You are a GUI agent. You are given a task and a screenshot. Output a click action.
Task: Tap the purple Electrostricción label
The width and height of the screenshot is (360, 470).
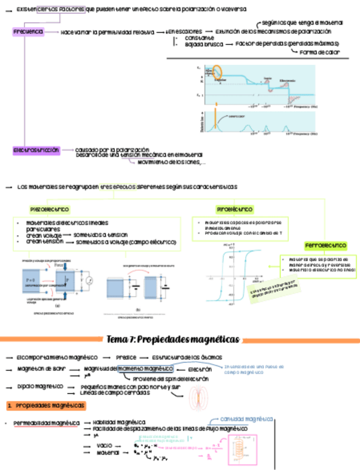click(x=37, y=150)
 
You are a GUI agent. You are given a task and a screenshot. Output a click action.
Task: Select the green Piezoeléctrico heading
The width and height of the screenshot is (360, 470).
click(x=49, y=210)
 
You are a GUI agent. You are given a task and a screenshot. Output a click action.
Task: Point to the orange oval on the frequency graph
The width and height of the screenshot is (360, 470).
click(x=217, y=71)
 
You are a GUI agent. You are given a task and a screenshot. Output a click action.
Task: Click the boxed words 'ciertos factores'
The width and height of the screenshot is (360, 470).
click(x=61, y=9)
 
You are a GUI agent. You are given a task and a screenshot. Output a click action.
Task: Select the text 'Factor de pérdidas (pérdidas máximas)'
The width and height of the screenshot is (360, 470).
click(x=287, y=43)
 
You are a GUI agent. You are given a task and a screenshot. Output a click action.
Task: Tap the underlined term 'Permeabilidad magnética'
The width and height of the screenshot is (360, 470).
click(x=47, y=423)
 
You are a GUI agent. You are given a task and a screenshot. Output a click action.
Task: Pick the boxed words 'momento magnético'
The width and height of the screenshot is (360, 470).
click(x=145, y=369)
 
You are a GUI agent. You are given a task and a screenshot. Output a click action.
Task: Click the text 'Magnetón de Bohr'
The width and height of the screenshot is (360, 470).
click(x=42, y=369)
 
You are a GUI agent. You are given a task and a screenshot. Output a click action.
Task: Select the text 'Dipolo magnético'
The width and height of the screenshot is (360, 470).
click(x=39, y=386)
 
